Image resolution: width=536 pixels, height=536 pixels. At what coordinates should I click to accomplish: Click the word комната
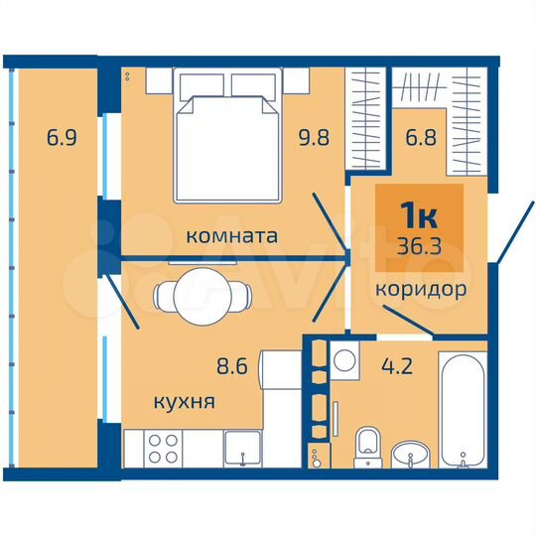[x=231, y=236]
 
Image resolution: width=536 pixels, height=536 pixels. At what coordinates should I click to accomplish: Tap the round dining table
[x=201, y=295]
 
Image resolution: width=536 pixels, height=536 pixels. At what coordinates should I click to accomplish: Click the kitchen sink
[x=241, y=449]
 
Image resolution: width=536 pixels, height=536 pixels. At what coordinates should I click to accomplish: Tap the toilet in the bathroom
[x=368, y=446]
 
